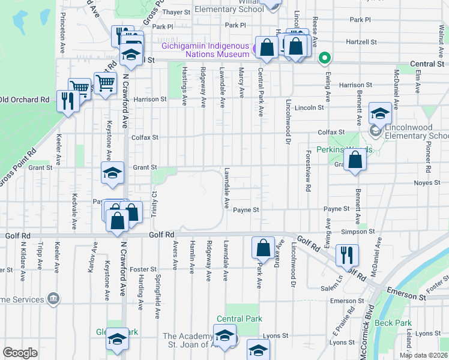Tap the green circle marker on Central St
coord(325,58)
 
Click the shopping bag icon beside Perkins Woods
coord(355,160)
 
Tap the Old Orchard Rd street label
coord(25,100)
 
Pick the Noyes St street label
coord(427,183)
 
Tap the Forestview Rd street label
coord(308,171)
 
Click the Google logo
coord(20,353)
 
